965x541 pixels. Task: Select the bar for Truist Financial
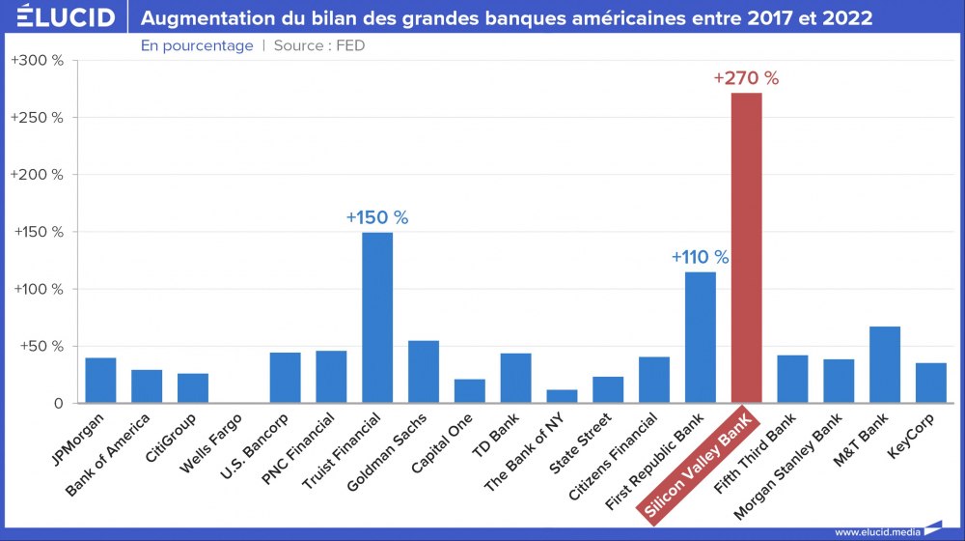pos(377,318)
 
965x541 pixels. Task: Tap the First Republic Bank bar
pos(701,338)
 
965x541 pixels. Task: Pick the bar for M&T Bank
pos(885,365)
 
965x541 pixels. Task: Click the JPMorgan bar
pos(100,381)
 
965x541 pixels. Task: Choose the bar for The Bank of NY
pos(562,396)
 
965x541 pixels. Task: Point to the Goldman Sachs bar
pos(424,372)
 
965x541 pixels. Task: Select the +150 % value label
pos(377,217)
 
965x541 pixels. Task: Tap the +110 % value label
pos(701,257)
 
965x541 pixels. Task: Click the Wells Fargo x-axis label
pos(210,446)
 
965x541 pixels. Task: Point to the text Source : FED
pos(319,45)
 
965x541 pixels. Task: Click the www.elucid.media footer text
pos(875,531)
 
